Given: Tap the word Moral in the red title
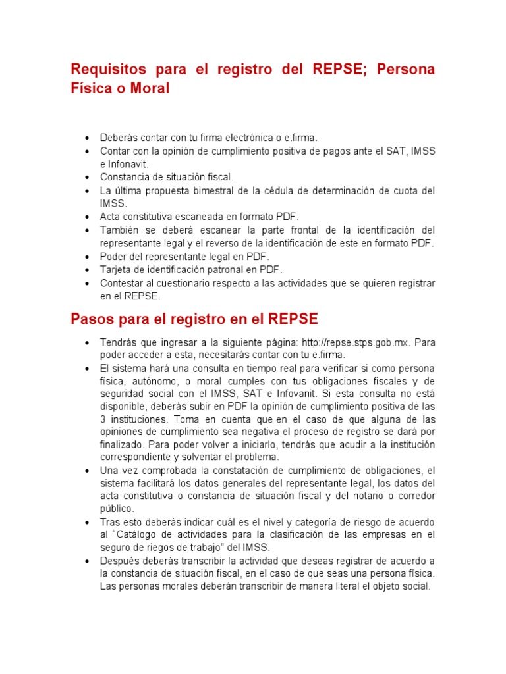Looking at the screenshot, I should [x=151, y=88].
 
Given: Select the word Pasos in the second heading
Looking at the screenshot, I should [x=92, y=319].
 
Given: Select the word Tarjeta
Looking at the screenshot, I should [x=118, y=270].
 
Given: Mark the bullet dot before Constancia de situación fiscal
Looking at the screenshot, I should [x=87, y=178].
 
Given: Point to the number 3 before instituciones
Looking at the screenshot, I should [x=103, y=419].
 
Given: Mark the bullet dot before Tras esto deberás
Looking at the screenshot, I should [x=87, y=522].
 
